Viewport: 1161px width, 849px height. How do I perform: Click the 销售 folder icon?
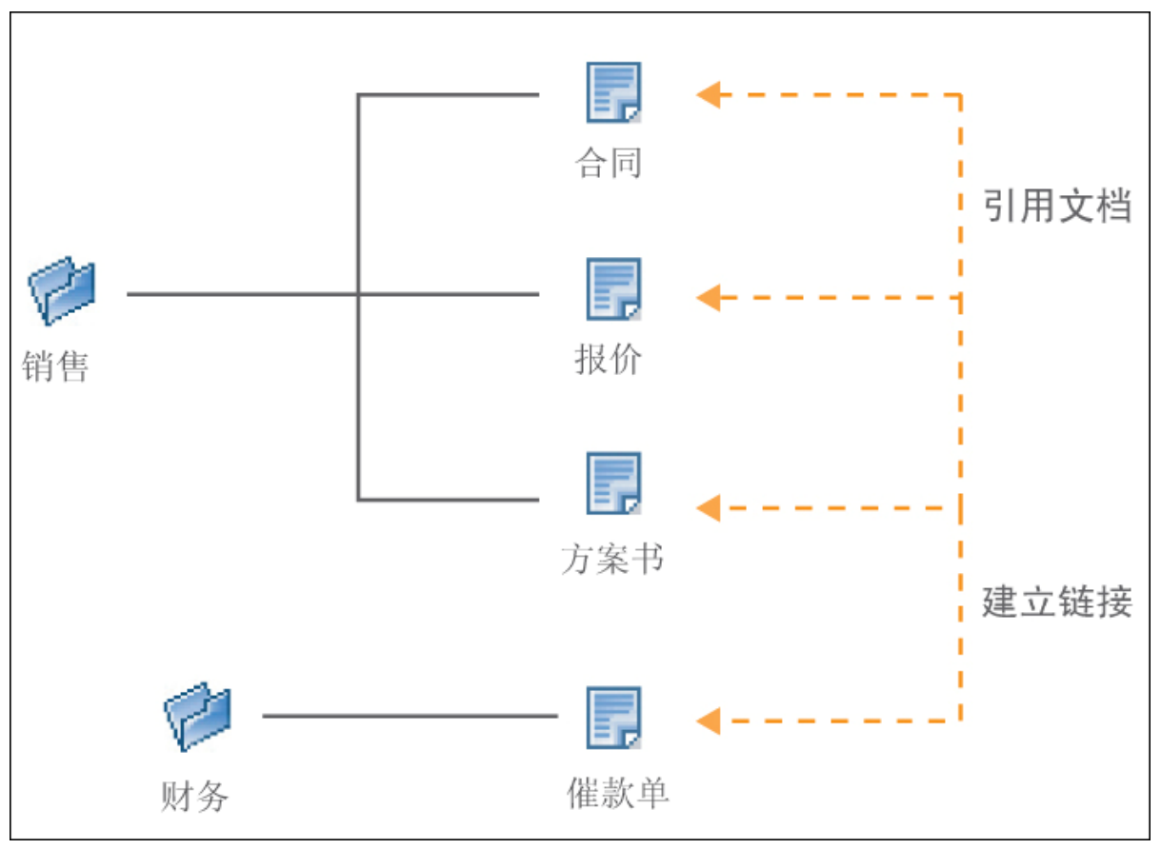(x=63, y=290)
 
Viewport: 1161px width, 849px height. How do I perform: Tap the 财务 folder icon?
(x=198, y=716)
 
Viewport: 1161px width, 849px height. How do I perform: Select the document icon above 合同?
(x=612, y=92)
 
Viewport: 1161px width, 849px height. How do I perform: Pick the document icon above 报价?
(x=612, y=288)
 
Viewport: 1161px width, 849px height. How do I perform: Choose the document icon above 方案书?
(x=612, y=483)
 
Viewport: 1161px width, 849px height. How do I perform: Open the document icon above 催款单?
(x=612, y=717)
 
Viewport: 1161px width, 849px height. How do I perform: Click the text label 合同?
(x=608, y=162)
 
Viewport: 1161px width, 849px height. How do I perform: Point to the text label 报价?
(x=608, y=360)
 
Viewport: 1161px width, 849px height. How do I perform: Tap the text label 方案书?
(x=611, y=559)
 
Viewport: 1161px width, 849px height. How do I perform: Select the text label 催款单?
(x=617, y=792)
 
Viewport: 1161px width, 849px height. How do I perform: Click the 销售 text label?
(x=55, y=365)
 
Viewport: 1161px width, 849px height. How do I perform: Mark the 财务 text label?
(x=194, y=795)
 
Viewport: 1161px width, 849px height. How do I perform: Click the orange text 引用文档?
(x=1057, y=206)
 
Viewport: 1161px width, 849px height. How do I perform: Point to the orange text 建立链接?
(x=1057, y=602)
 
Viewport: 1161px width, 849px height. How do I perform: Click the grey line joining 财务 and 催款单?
(x=410, y=716)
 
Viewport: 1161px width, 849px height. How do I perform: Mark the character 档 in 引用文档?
(x=1113, y=206)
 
